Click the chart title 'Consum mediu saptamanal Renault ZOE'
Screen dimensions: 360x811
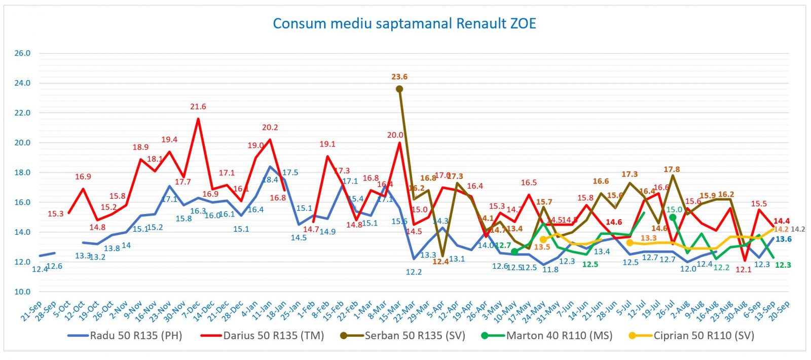click(x=404, y=24)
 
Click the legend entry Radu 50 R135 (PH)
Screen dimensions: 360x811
click(x=135, y=336)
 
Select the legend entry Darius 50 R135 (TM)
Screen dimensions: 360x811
click(x=273, y=336)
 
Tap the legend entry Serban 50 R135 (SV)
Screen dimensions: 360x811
click(x=415, y=336)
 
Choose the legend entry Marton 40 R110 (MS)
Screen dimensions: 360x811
click(x=559, y=336)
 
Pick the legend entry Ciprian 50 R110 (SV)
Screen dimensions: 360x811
click(x=704, y=336)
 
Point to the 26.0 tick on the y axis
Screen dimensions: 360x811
click(x=22, y=53)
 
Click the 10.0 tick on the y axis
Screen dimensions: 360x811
click(x=22, y=292)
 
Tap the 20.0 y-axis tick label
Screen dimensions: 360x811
click(x=22, y=143)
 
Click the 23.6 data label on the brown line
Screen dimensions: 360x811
click(x=399, y=77)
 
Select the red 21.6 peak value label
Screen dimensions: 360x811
click(x=198, y=107)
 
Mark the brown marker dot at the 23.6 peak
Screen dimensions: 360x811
click(x=399, y=89)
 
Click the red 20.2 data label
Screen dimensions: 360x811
click(x=270, y=128)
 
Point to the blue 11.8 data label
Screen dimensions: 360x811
click(x=550, y=270)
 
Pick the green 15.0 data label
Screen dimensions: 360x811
click(x=675, y=209)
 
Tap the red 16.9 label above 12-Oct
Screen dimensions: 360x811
click(x=83, y=177)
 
